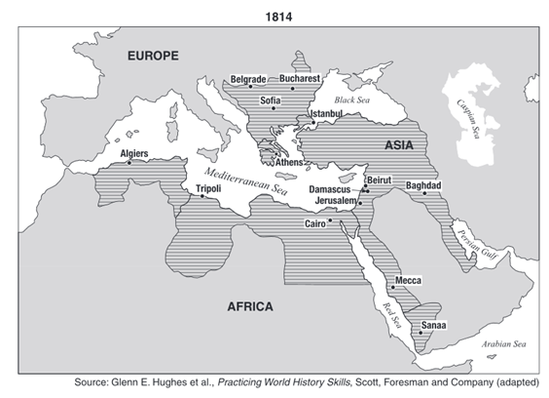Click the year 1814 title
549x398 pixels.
(x=274, y=13)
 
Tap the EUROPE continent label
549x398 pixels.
(x=153, y=57)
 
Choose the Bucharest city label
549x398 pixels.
(x=300, y=79)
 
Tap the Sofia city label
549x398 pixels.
(x=271, y=99)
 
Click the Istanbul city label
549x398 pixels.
(x=326, y=114)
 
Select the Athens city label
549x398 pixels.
(x=289, y=163)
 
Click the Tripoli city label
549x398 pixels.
(x=208, y=187)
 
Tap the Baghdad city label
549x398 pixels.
(x=423, y=185)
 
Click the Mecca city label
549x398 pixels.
(x=408, y=281)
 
